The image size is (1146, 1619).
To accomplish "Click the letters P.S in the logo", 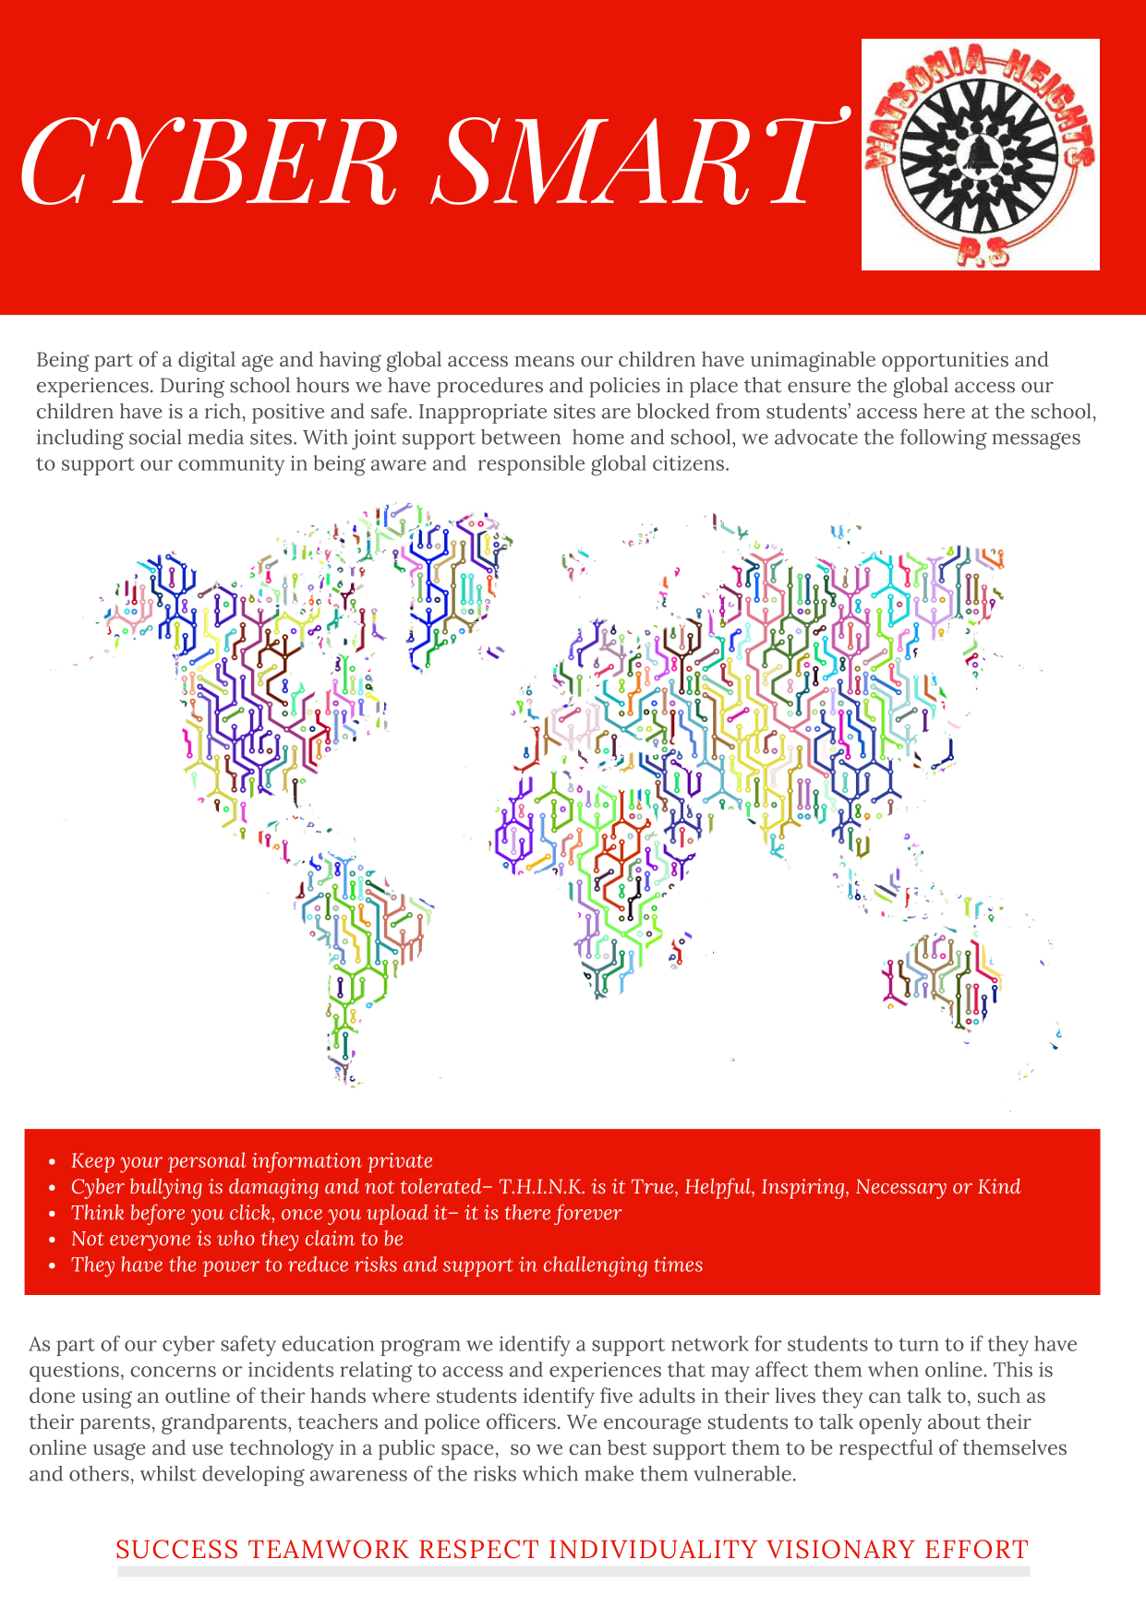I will point(980,251).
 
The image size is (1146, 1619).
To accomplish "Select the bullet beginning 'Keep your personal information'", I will point(251,1161).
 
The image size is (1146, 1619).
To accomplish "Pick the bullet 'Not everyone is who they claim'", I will point(237,1239).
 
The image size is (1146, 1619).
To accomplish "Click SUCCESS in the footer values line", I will point(176,1550).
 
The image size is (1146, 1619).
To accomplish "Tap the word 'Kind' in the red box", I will point(999,1187).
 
